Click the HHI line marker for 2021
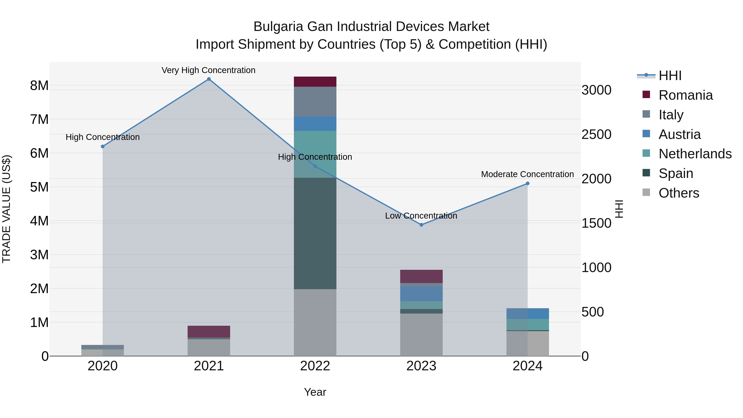pyautogui.click(x=209, y=79)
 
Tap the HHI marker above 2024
pyautogui.click(x=528, y=184)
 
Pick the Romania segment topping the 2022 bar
pyautogui.click(x=315, y=82)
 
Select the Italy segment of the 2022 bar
pyautogui.click(x=315, y=102)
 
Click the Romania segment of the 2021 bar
pyautogui.click(x=209, y=332)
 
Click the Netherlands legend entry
pyautogui.click(x=695, y=154)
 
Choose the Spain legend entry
pyautogui.click(x=676, y=173)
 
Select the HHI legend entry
pyautogui.click(x=670, y=76)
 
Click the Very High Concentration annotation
pyautogui.click(x=208, y=70)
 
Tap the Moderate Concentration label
pyautogui.click(x=527, y=174)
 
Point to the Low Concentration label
pyautogui.click(x=421, y=216)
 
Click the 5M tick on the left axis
pyautogui.click(x=39, y=187)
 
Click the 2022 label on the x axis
pyautogui.click(x=315, y=366)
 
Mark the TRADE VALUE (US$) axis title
pyautogui.click(x=6, y=209)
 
